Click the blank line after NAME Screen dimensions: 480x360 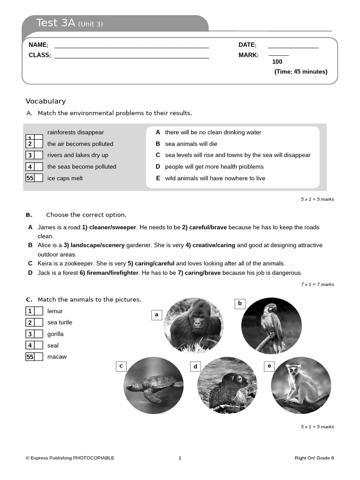131,47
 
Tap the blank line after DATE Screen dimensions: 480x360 293,47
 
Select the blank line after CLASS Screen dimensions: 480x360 131,58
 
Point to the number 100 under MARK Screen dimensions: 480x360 277,62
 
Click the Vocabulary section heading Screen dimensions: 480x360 45,101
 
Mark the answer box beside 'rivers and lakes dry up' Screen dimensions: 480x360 38,155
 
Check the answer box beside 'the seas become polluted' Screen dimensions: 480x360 38,166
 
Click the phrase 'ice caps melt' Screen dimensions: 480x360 65,178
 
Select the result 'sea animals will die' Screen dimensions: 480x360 191,144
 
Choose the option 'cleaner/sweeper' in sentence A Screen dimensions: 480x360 109,227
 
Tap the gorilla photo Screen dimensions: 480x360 194,325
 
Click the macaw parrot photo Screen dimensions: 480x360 271,325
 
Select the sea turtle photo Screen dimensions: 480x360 153,385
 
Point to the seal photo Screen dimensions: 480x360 227,385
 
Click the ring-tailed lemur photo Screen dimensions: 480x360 301,385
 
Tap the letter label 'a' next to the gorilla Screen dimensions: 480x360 157,315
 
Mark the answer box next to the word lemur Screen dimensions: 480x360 38,311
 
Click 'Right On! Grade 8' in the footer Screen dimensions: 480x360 314,458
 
